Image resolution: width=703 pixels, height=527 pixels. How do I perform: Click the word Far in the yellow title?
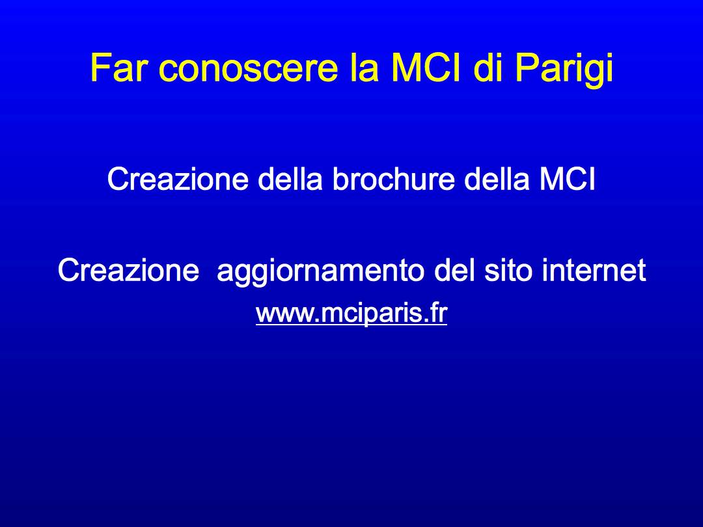pyautogui.click(x=118, y=68)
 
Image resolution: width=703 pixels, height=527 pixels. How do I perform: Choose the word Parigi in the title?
pyautogui.click(x=564, y=71)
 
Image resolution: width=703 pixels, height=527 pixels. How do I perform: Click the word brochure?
pyautogui.click(x=393, y=178)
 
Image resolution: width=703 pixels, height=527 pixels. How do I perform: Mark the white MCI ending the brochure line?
pyautogui.click(x=567, y=178)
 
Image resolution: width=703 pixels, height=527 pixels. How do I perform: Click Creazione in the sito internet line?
pyautogui.click(x=128, y=270)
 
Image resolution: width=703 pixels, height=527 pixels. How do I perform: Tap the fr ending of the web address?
pyautogui.click(x=439, y=312)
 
